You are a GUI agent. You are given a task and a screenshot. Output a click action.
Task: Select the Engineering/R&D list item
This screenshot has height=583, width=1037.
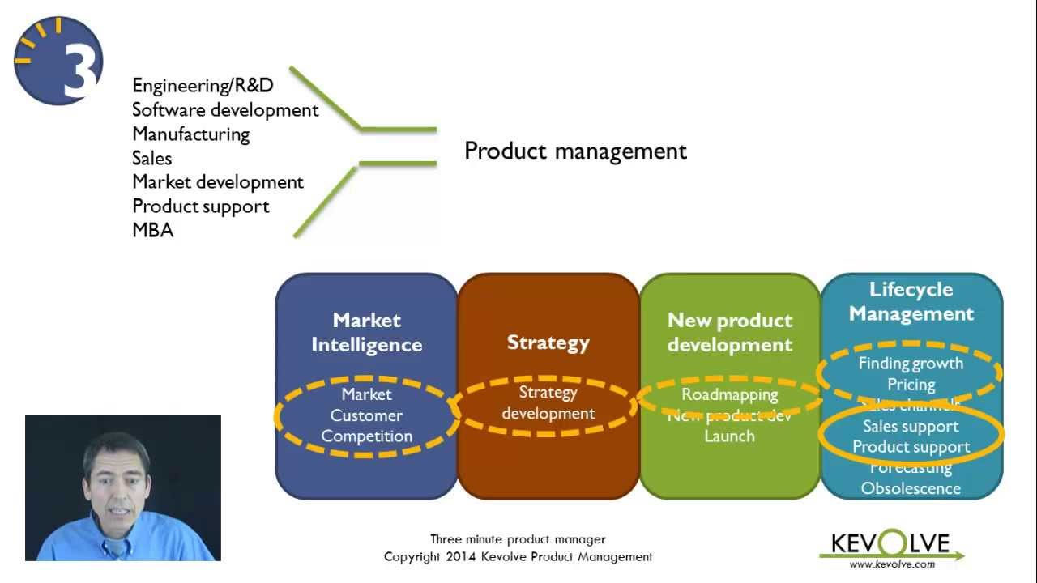(203, 86)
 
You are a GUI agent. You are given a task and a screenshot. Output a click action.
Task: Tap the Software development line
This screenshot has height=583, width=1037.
(225, 109)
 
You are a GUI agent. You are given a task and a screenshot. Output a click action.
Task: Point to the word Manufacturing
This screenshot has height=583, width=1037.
(190, 134)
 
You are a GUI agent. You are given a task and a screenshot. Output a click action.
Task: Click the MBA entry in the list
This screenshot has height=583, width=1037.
(152, 230)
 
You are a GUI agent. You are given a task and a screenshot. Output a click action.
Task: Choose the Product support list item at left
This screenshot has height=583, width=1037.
(200, 206)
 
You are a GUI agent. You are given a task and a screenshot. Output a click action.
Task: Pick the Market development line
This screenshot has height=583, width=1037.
(217, 182)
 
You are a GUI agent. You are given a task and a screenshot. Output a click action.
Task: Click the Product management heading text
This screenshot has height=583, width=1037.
(575, 151)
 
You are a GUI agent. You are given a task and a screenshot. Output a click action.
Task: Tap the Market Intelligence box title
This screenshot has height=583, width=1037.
(366, 332)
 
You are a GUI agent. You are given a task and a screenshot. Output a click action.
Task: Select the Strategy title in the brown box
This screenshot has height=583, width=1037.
(548, 343)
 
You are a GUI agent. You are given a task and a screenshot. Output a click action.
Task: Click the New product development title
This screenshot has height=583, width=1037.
(729, 332)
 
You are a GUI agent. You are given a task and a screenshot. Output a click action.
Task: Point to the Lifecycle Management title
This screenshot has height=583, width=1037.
(911, 301)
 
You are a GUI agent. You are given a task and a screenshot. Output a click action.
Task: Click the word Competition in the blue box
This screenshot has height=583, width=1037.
(366, 436)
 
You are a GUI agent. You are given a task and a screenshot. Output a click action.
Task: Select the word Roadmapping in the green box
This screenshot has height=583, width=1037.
(729, 394)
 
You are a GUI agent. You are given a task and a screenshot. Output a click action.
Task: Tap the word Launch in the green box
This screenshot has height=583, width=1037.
(729, 436)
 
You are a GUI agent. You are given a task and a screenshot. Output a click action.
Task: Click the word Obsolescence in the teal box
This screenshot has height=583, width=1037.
(911, 488)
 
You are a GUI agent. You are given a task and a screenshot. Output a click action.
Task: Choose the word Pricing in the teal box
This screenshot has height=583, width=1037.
(911, 385)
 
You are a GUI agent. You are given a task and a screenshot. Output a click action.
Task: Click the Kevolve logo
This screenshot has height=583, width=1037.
(890, 544)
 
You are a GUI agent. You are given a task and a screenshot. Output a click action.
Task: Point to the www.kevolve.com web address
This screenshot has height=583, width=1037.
(892, 564)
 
